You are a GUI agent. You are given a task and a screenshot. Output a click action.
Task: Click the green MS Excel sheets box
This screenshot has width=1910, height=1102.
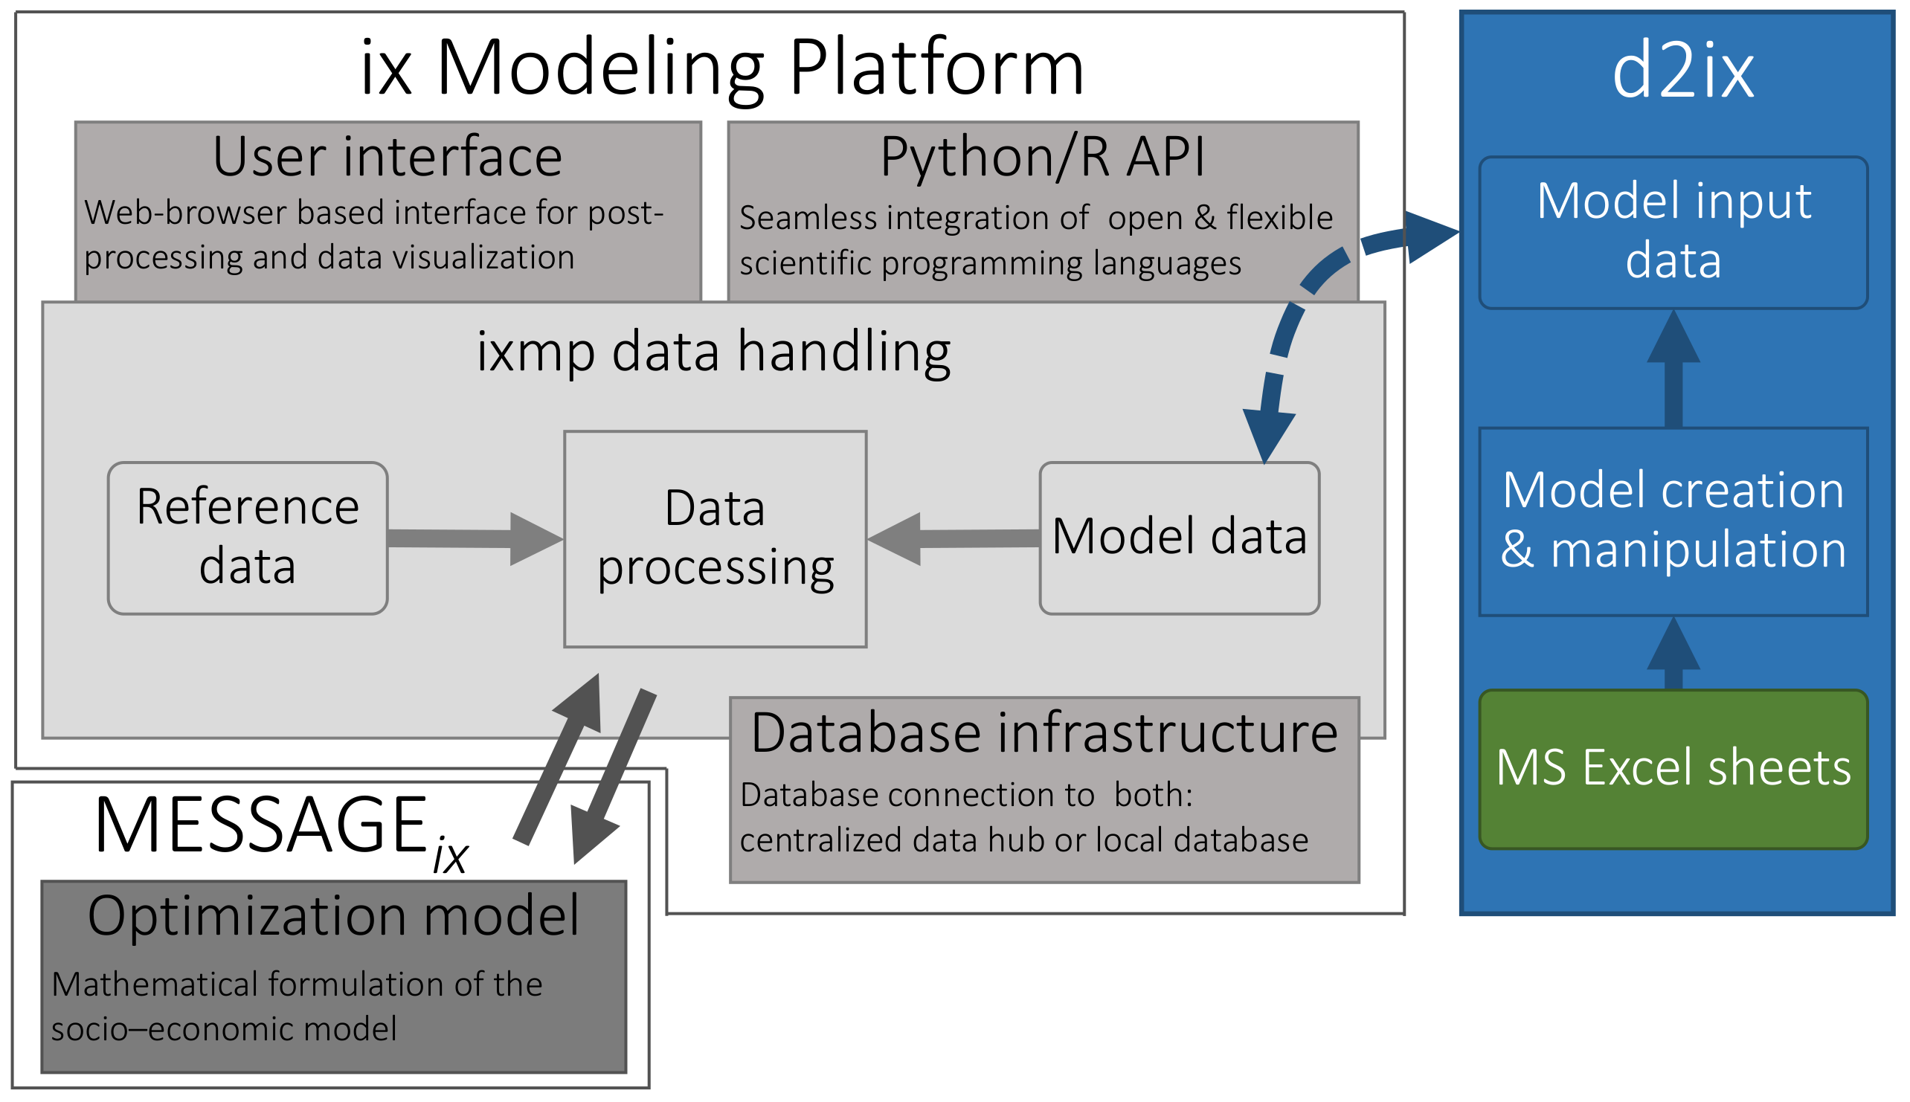click(1672, 769)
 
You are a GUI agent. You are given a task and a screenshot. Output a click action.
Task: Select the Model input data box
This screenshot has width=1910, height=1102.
click(1672, 231)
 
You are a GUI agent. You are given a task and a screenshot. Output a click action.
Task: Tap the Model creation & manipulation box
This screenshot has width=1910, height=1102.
click(1672, 521)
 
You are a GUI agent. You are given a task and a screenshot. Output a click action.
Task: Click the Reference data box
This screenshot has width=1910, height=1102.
click(248, 538)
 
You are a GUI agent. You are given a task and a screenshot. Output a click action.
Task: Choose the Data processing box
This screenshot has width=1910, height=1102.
click(715, 538)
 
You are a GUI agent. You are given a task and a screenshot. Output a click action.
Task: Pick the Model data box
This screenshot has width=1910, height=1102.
click(1179, 538)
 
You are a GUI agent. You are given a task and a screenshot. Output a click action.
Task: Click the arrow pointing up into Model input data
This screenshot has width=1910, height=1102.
click(1673, 371)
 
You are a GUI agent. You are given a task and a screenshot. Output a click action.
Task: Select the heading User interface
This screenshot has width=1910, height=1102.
click(387, 157)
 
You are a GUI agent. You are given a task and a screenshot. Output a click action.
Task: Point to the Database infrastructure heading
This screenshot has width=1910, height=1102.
click(1044, 733)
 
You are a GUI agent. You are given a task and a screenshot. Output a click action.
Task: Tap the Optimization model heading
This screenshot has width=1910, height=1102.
click(333, 916)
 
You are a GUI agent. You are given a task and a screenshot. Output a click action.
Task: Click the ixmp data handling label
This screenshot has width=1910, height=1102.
click(713, 352)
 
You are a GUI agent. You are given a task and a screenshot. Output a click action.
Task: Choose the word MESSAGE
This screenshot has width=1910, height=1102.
click(260, 825)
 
